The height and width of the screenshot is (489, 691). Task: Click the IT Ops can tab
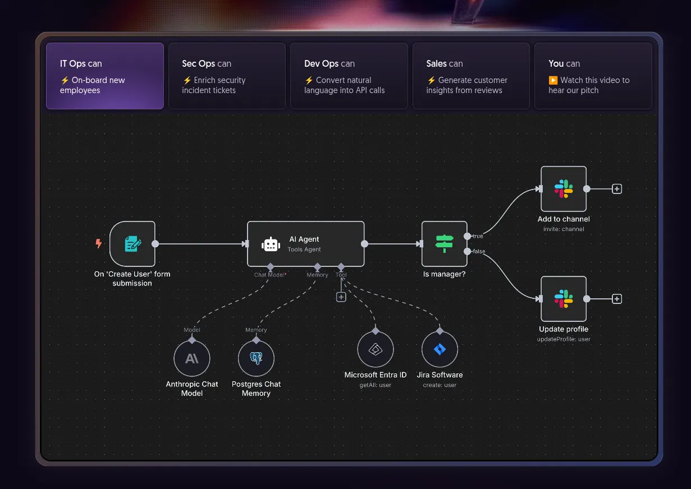105,76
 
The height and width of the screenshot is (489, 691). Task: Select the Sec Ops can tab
227,76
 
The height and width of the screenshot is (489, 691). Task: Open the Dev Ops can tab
349,76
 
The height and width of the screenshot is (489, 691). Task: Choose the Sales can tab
471,76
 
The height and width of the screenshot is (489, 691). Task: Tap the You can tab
593,76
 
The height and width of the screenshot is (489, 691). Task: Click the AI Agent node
305,244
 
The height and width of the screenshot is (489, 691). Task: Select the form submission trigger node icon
132,244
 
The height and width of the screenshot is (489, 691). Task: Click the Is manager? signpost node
444,244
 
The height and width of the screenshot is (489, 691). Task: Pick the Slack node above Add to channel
563,189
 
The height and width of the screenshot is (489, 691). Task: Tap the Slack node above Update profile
563,299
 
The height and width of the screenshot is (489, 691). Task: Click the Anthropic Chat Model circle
192,358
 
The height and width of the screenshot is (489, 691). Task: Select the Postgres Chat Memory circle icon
256,358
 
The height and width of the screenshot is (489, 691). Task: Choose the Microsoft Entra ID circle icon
376,349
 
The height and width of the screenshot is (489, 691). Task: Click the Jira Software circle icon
440,349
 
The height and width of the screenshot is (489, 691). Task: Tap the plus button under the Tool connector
341,297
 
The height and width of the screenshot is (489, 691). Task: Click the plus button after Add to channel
617,189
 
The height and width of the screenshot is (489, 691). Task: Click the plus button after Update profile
617,299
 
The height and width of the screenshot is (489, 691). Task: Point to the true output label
478,237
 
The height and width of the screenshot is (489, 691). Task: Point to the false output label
479,251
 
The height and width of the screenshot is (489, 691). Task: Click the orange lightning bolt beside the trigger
99,244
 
